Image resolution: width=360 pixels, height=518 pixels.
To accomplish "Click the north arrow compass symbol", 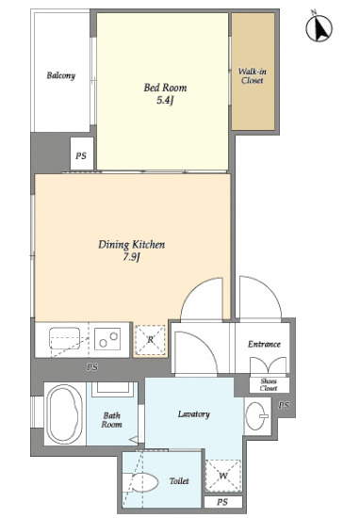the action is point(319,27).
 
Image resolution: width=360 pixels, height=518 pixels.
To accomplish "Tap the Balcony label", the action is point(61,75).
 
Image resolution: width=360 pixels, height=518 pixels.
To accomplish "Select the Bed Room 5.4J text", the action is point(165,93).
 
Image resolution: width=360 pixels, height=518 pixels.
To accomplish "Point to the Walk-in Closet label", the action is point(253,75).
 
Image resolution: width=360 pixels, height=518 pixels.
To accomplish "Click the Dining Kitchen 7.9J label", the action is point(132,251).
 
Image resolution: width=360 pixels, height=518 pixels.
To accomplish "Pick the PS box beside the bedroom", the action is point(81,155).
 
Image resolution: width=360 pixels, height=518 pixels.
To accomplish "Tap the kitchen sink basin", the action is point(65,338).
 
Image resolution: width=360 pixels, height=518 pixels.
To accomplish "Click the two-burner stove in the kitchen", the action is point(107,339).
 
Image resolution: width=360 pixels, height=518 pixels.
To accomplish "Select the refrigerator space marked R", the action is point(151,340).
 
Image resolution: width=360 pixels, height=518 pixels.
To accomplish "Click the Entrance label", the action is point(264,344).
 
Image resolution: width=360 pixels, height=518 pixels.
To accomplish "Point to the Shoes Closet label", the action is point(269,385).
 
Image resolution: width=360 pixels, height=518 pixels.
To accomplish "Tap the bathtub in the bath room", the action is point(64,414).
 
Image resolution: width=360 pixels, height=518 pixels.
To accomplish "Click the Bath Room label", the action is point(111,420).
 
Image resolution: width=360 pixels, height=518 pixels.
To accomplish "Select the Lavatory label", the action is point(194,414).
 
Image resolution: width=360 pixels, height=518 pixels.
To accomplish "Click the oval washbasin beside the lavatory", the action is point(257,416).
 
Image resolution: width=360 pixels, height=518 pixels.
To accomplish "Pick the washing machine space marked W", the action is point(223,476).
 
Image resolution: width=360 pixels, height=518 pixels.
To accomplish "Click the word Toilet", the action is point(179,481).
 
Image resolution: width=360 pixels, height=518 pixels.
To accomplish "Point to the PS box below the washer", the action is point(223,502).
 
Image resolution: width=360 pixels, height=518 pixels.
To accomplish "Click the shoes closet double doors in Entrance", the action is point(269,366).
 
